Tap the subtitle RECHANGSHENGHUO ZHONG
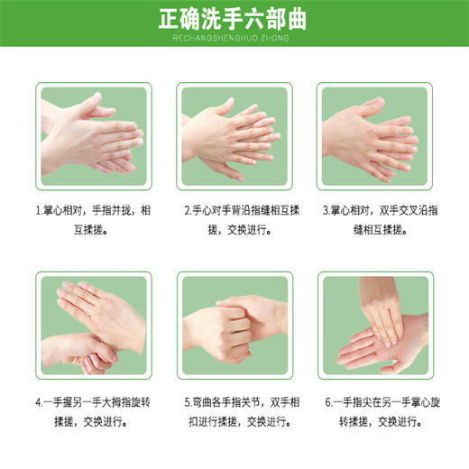pyautogui.click(x=234, y=40)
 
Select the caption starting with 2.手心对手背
pyautogui.click(x=234, y=220)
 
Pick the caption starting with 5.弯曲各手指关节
pyautogui.click(x=234, y=413)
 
